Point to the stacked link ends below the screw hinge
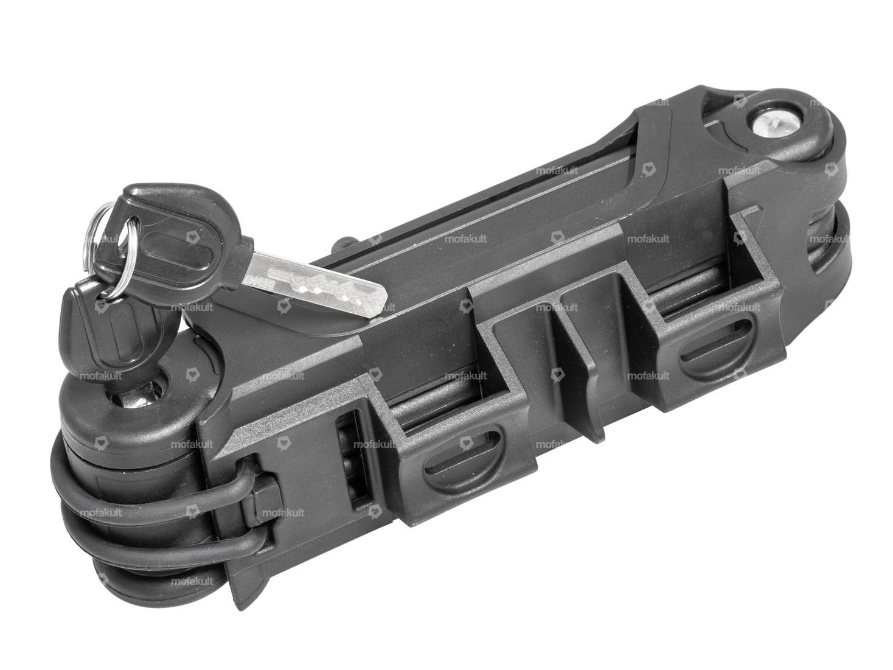[833, 237]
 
